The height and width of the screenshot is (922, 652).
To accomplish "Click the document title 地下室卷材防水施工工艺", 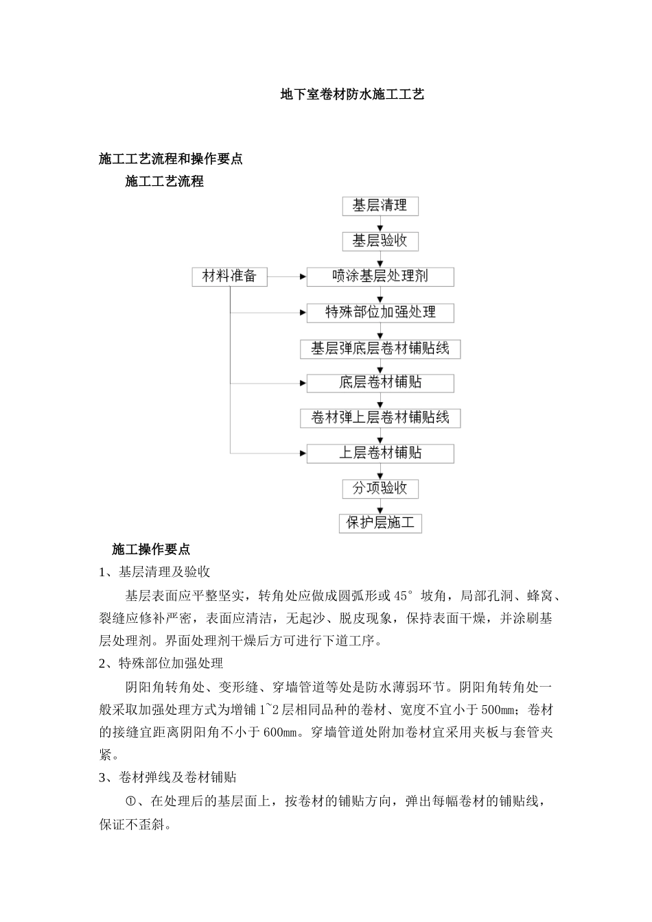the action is click(x=353, y=95).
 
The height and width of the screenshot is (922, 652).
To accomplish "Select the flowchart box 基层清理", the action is click(x=380, y=206).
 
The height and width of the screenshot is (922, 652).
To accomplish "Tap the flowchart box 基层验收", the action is click(x=380, y=241).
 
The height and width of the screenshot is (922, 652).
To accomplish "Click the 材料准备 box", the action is click(x=229, y=276).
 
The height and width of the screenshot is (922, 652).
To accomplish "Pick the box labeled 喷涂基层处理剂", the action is click(x=380, y=276).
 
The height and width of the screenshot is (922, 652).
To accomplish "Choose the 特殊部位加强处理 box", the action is click(x=380, y=313).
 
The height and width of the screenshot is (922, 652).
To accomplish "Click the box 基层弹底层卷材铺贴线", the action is click(x=380, y=348).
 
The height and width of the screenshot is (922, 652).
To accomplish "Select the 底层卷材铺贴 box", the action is click(x=380, y=383).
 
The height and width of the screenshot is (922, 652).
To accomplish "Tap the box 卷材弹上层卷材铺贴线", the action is click(x=380, y=418).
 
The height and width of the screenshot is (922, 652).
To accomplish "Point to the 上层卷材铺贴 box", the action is click(x=380, y=453).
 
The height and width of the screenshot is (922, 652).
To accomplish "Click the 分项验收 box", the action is click(x=380, y=488).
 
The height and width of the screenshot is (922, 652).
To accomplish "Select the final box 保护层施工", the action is click(x=380, y=523).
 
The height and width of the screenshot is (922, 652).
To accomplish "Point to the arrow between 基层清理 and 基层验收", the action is click(x=380, y=224).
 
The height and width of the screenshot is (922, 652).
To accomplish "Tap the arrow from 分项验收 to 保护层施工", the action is click(x=380, y=506).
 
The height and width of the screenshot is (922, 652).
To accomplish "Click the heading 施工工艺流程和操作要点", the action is click(x=171, y=159).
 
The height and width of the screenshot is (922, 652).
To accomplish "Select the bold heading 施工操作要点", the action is click(x=151, y=549).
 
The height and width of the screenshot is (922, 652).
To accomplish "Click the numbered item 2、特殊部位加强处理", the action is click(x=161, y=663).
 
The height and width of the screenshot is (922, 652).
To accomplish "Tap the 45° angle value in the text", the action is click(x=406, y=595).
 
